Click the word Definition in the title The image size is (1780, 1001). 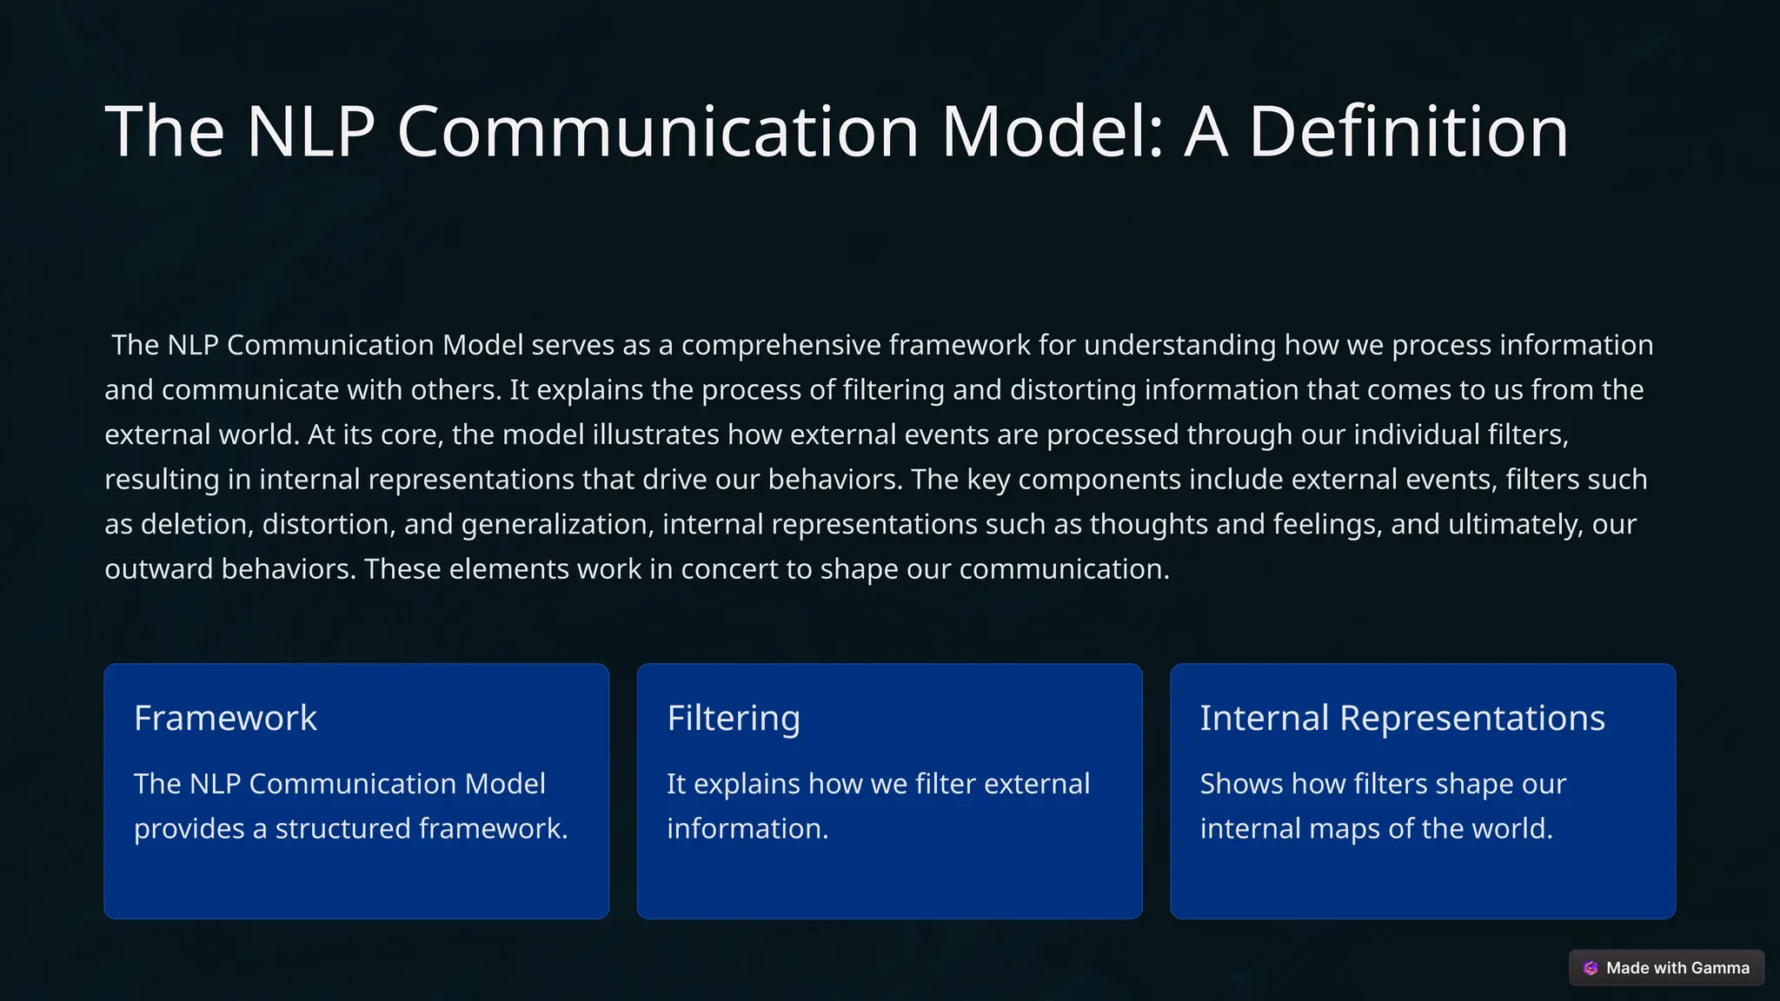1408,132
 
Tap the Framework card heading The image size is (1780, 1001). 225,718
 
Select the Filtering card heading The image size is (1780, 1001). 733,718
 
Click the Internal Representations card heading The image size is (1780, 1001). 1402,718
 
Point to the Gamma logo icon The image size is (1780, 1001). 1591,968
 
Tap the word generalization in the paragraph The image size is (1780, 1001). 556,525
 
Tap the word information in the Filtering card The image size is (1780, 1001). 747,829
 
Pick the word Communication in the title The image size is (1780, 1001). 658,132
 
